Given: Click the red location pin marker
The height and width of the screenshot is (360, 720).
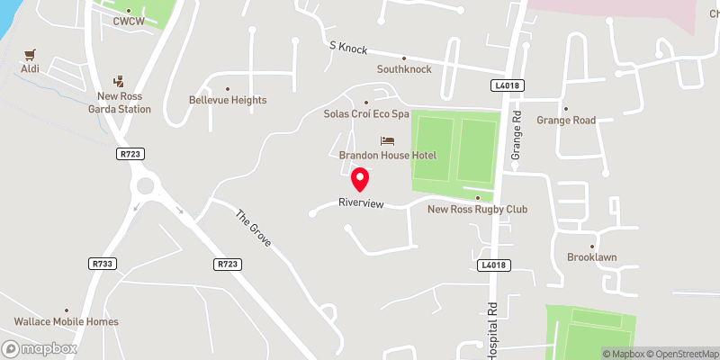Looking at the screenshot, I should coord(360,180).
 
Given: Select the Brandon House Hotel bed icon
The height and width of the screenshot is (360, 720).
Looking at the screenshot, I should coord(387,141).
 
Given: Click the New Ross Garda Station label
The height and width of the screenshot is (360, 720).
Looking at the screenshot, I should coord(125,103).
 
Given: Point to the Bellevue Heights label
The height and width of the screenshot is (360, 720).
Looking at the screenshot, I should coord(228,100).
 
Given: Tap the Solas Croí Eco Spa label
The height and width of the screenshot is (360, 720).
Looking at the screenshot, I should coord(366,114).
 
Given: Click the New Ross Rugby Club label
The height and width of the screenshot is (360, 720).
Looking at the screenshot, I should coord(477,210).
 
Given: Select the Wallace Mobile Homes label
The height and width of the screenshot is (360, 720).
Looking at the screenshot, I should coord(66,321).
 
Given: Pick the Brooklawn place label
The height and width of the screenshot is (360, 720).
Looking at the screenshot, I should coord(591,256).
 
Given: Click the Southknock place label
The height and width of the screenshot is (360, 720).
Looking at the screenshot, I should coord(404,69).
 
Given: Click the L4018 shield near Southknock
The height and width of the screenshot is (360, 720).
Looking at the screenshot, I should coord(507,85).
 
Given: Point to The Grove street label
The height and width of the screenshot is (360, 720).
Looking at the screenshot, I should coord(253,229).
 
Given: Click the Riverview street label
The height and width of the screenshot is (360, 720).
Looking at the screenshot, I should coord(362,203).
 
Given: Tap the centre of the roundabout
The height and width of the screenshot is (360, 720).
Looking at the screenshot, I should coord(144,188).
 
